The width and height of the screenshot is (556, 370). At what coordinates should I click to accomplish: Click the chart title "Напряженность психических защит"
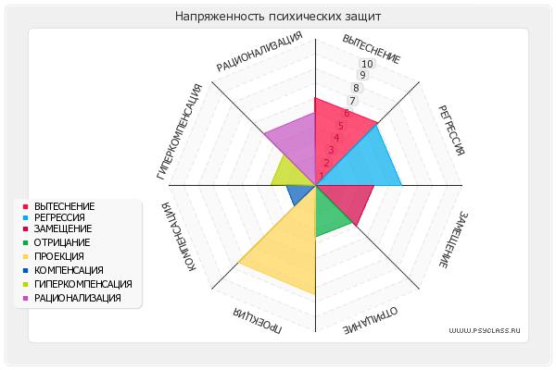[278, 17]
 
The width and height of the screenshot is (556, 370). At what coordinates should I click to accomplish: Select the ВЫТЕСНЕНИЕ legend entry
[64, 205]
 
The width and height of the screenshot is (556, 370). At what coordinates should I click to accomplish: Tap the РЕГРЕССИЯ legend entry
[61, 216]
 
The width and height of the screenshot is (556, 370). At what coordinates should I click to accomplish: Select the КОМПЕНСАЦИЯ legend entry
[69, 270]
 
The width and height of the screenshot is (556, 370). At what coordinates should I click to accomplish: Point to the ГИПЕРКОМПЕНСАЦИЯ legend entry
[82, 284]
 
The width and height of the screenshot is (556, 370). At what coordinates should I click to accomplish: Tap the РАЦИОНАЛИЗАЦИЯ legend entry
[77, 298]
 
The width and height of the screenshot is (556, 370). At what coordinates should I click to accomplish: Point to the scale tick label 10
[367, 64]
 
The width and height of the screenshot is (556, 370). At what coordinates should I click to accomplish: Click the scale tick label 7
[351, 101]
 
